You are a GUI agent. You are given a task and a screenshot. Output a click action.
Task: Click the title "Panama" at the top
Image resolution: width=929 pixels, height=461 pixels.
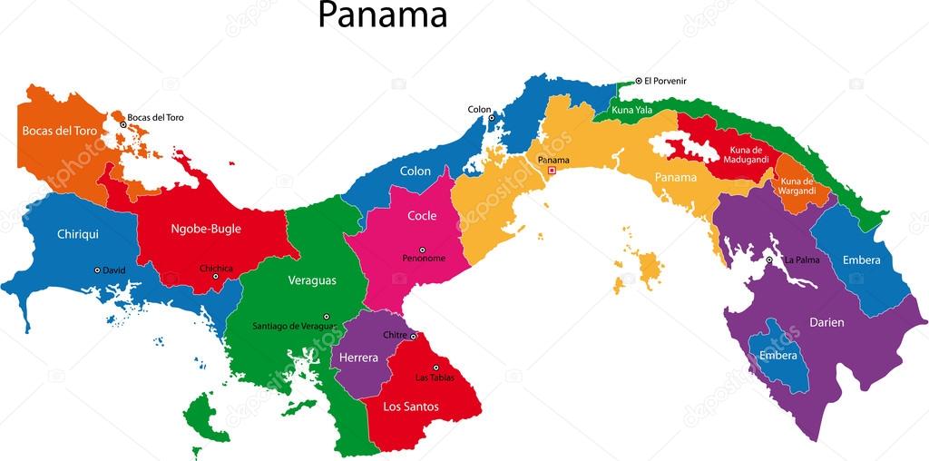coord(382,15)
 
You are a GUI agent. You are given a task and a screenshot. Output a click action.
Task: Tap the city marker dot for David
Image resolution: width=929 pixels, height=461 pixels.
coord(97,270)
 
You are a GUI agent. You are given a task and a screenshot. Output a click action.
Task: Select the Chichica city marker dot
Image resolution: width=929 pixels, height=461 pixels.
coord(216,277)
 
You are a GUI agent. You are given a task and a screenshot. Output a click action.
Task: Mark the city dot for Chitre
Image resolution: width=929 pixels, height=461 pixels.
coord(413,336)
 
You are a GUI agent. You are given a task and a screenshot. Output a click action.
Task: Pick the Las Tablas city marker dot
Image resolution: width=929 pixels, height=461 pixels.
coord(435,368)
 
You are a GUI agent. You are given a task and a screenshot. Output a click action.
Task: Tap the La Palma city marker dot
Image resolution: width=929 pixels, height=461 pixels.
coord(769,260)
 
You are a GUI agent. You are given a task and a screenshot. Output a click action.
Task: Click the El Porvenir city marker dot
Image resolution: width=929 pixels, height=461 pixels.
coord(638,81)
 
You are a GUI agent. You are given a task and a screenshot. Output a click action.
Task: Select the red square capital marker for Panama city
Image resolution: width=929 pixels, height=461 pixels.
coord(552,170)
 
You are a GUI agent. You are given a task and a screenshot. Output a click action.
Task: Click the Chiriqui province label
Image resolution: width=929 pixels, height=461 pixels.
coord(77,233)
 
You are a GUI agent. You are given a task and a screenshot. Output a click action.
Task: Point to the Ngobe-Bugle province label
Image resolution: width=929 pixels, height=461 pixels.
coord(206,229)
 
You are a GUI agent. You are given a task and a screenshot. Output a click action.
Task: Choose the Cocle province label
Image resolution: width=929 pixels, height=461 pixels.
coord(422,216)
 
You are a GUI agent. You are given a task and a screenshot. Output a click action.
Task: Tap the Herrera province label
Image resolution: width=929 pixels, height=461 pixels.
coord(358,358)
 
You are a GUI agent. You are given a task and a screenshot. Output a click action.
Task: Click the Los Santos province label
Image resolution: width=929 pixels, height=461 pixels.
coord(410,407)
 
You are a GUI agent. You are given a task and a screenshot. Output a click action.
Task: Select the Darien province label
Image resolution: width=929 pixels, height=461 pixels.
coord(826,322)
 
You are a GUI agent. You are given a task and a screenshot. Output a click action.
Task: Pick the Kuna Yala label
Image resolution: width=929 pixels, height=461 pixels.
coord(632,110)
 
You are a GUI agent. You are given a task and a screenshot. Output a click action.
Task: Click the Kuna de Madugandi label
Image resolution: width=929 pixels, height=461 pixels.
coord(748,153)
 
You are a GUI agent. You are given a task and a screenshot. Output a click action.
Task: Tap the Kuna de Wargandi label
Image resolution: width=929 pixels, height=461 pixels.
coord(797,186)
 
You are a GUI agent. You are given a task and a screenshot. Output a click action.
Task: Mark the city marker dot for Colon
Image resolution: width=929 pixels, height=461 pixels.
coord(492,118)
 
